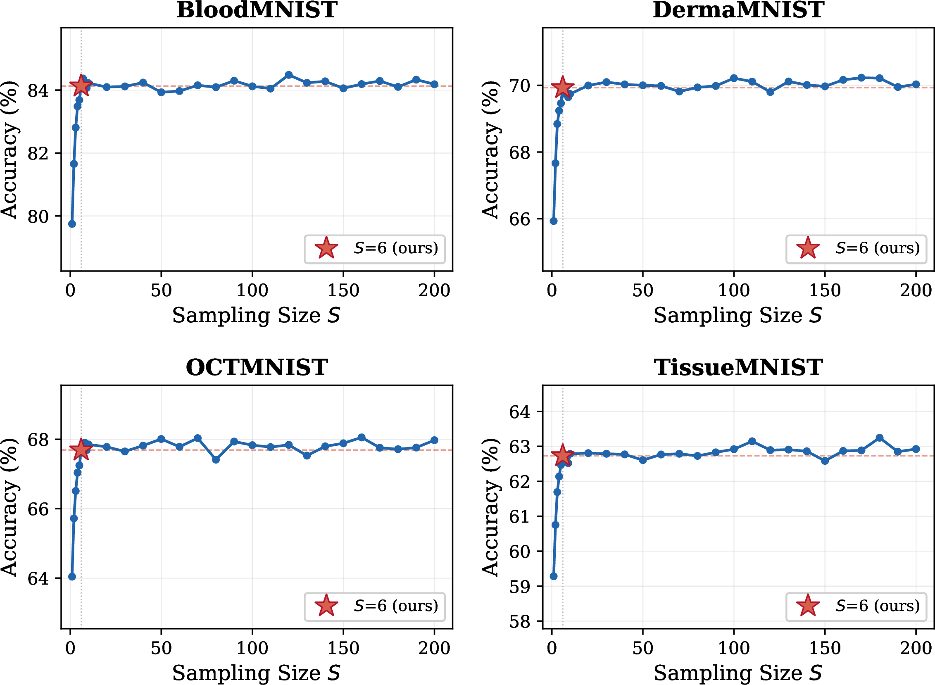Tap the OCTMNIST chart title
coord(257,367)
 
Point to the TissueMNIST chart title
coord(738,367)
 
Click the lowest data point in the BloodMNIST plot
coord(72,224)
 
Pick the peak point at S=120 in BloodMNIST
coord(289,75)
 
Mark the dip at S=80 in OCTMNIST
coord(216,459)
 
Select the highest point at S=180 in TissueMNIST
coord(880,438)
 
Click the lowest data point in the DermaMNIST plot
coord(554,221)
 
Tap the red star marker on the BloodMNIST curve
coord(81,86)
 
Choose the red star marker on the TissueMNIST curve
coord(563,456)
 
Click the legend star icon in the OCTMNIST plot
coord(327,606)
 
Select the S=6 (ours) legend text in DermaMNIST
coord(878,248)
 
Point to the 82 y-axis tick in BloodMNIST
coord(38,153)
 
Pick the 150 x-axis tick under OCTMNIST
coord(343,648)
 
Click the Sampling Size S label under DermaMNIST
coord(738,315)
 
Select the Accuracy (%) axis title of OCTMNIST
coord(9,507)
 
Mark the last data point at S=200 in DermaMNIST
coord(916,85)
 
